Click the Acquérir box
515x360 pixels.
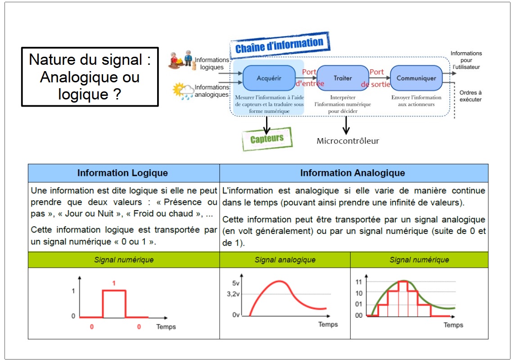269,78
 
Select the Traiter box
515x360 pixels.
343,78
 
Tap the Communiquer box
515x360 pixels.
416,78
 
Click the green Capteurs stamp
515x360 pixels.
267,139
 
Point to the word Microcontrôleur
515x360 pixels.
348,141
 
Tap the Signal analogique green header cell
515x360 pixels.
285,260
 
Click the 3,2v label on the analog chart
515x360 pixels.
233,294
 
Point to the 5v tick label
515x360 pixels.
236,283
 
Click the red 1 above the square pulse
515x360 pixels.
114,283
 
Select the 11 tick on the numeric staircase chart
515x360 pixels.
359,282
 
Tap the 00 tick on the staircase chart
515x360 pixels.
359,315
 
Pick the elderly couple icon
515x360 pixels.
181,60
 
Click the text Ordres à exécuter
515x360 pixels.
470,96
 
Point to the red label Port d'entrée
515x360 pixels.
309,78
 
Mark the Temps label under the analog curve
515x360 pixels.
328,324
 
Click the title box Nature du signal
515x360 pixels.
90,77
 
